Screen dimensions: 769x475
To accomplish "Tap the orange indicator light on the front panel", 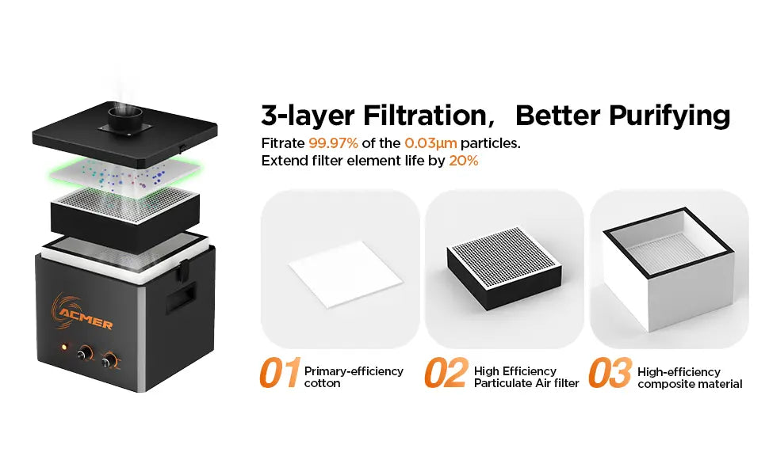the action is pos(63,347).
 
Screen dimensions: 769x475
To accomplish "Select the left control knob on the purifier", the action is pos(85,353).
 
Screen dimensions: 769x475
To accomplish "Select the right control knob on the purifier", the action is pos(109,361).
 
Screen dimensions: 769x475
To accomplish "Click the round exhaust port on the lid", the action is pos(125,118).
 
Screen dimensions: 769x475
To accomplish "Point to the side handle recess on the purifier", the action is pos(181,297).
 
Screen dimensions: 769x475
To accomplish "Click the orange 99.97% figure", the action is pos(333,143).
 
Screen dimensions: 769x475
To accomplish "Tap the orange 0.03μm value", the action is pos(430,143).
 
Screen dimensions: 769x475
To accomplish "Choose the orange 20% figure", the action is pos(464,161).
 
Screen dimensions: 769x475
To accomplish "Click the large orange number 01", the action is pos(280,373).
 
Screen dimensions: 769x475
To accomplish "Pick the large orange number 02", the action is pos(446,373).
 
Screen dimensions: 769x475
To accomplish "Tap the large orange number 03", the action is pos(610,373).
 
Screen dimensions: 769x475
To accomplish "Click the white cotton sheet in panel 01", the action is pos(346,274).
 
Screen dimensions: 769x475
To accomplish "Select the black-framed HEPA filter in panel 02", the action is pos(504,268).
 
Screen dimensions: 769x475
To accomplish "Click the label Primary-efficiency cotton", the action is pos(354,377).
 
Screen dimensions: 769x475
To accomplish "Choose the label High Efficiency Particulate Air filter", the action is pos(526,377).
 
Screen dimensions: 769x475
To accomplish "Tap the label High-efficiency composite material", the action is pos(690,378).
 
